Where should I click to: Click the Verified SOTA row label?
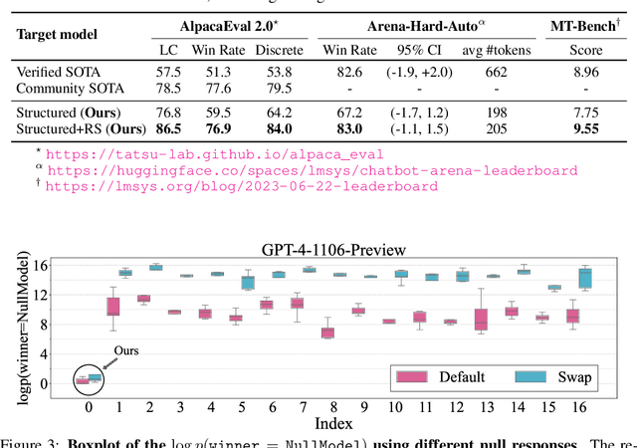click(59, 72)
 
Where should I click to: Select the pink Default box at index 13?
click(482, 319)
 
